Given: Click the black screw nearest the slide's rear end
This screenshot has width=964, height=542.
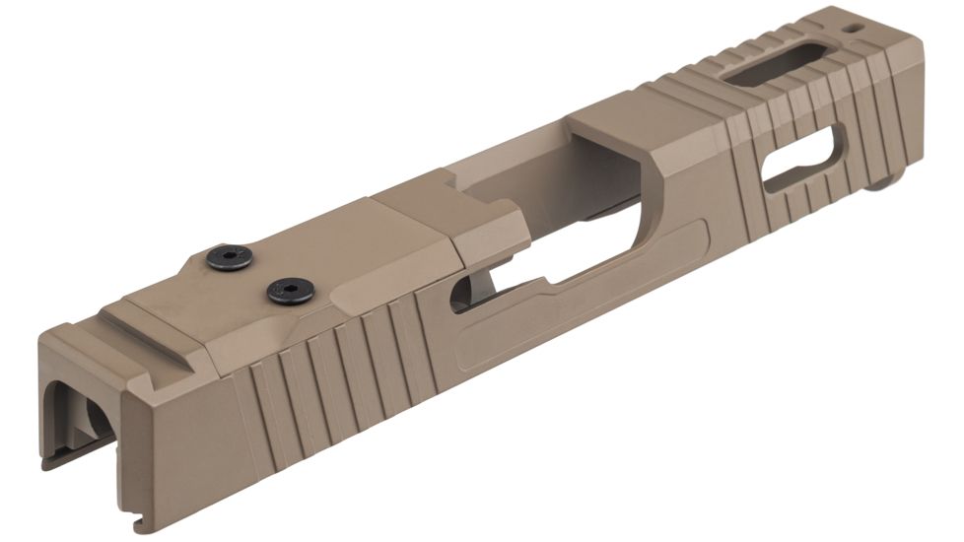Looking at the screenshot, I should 230,258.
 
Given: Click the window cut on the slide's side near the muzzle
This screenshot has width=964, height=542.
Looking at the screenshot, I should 803,160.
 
